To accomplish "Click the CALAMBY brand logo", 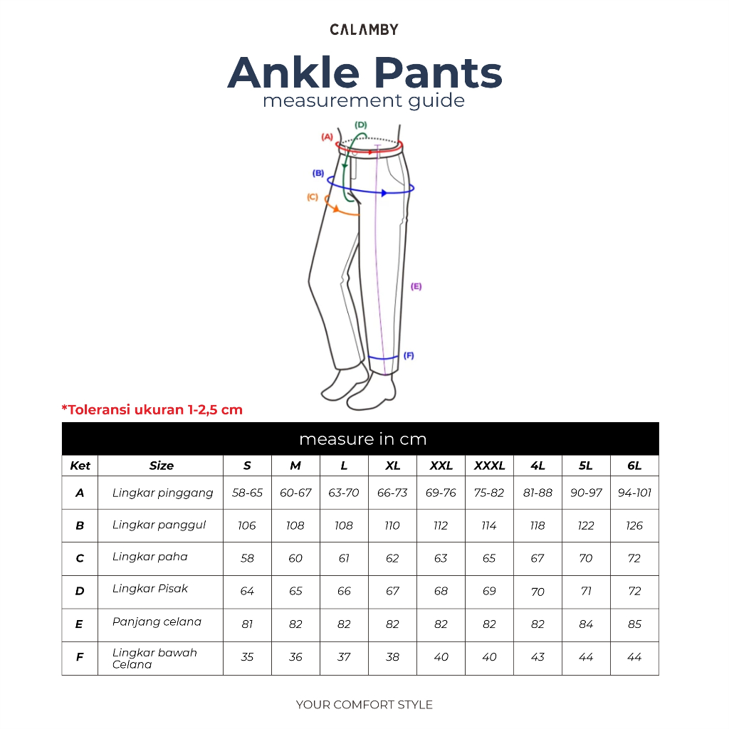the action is [364, 29].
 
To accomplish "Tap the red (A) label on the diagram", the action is [327, 137].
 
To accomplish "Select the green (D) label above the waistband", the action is [361, 125].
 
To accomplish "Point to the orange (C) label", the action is [313, 197].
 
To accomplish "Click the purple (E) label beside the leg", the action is [416, 286].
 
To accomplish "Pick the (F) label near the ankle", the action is [409, 355].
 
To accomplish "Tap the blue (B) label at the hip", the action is [318, 173].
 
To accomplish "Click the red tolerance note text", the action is [152, 409].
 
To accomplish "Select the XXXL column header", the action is [489, 466].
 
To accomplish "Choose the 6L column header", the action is [634, 466].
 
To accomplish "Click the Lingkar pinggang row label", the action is [162, 493].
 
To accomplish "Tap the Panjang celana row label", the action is [157, 622].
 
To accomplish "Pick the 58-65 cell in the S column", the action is [247, 493].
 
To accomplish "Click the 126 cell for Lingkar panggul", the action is [634, 525].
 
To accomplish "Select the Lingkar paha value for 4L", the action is [537, 558].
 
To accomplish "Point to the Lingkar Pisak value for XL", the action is [392, 591].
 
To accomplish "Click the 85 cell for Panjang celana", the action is [634, 624].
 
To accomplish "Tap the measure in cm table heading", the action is [362, 439].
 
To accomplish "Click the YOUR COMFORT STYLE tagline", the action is [364, 705].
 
